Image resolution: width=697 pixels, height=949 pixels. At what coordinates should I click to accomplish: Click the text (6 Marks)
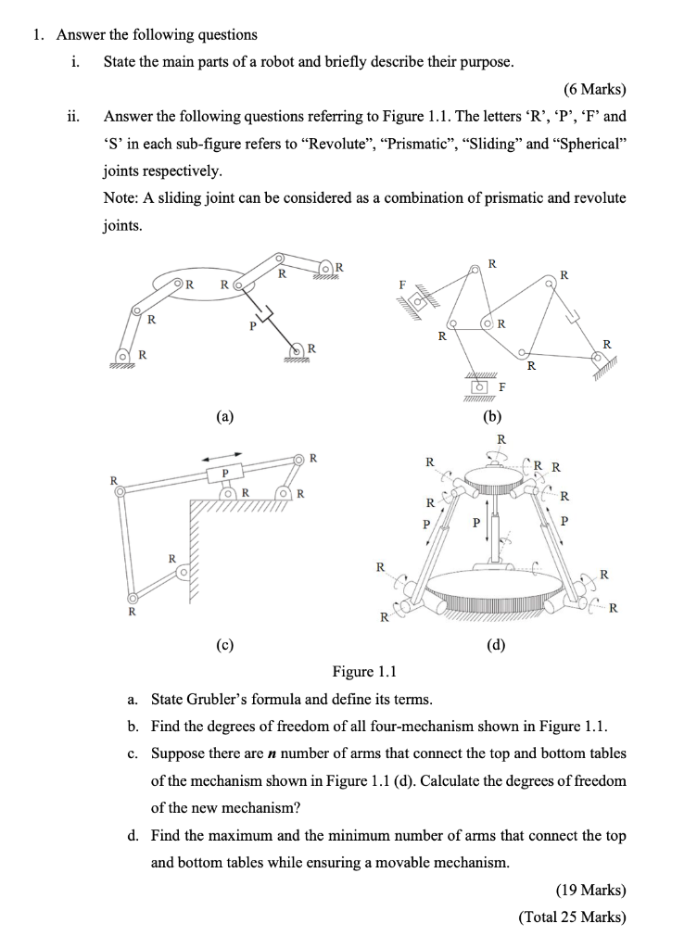594,90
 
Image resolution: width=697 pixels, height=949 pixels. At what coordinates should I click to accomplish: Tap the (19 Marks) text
590,891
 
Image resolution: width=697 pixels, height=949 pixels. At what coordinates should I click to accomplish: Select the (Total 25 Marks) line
572,917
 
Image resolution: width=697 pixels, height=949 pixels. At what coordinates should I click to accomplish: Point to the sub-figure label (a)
226,417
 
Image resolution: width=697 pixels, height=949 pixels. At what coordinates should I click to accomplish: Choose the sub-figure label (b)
492,417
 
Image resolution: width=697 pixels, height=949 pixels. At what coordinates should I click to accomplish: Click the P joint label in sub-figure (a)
250,326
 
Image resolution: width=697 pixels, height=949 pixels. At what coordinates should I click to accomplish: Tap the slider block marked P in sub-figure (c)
223,473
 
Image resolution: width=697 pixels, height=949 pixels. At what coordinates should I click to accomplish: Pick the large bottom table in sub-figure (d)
490,589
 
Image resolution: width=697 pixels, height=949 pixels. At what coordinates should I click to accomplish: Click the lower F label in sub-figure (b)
501,386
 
